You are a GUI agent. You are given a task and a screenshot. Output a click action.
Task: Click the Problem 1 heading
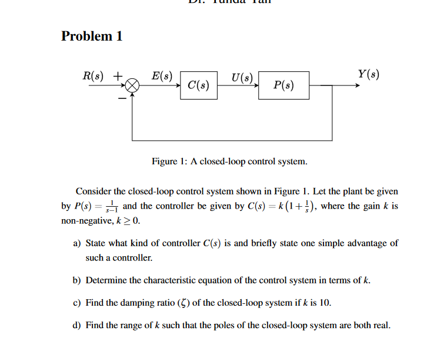[x=92, y=36]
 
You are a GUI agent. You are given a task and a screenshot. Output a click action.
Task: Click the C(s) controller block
[x=199, y=85]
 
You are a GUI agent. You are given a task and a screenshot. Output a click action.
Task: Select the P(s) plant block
[x=283, y=85]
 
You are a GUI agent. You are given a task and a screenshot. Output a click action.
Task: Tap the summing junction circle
[x=132, y=85]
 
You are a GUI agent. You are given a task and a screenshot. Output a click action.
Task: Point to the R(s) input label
[x=94, y=75]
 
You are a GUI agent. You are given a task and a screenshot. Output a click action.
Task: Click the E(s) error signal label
[x=161, y=75]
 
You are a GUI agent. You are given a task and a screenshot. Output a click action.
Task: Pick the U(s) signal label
[x=242, y=77]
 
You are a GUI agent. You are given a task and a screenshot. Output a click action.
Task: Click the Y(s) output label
[x=368, y=75]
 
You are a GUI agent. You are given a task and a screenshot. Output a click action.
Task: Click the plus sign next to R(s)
[x=118, y=76]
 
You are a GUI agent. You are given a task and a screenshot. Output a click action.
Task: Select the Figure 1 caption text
[x=229, y=161]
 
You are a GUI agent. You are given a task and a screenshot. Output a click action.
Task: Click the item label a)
[x=77, y=243]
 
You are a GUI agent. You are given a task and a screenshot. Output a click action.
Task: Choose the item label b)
[x=77, y=280]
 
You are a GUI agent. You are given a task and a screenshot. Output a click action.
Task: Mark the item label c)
[x=76, y=303]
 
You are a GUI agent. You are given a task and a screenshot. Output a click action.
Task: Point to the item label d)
[x=77, y=325]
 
